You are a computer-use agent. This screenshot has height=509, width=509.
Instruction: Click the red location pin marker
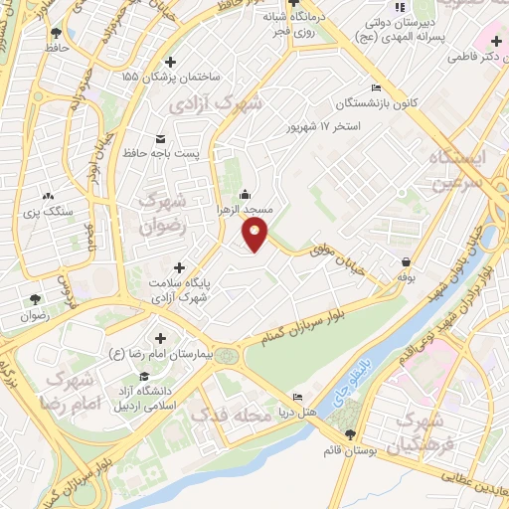255,236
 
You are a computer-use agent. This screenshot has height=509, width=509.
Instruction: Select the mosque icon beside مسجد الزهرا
246,194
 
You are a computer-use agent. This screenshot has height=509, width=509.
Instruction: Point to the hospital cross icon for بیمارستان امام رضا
160,338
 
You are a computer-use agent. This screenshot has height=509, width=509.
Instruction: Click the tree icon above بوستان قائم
350,433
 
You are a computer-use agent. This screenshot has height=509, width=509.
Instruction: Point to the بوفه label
406,277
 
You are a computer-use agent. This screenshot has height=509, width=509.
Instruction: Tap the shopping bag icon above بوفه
406,261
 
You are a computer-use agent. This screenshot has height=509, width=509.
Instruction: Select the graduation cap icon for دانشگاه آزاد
145,377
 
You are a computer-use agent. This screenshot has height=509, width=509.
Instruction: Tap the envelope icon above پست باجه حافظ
161,138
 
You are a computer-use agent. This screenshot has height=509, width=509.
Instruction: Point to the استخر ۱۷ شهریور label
320,127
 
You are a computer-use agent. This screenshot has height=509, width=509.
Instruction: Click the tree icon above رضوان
35,299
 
